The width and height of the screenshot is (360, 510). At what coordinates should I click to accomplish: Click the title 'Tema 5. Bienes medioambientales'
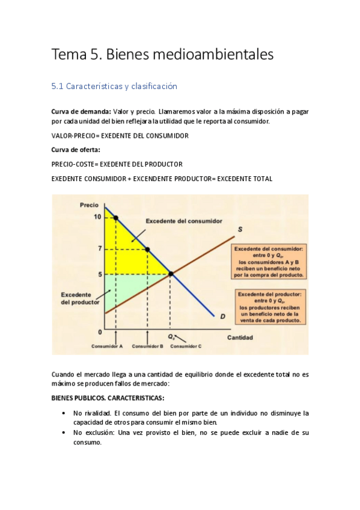point(162,55)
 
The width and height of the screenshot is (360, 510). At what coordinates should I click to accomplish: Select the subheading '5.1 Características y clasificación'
point(114,87)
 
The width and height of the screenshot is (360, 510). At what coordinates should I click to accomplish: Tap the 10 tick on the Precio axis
point(97,217)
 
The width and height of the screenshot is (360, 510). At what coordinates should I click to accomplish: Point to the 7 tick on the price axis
point(99,248)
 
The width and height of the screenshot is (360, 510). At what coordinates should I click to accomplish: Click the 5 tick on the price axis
point(99,274)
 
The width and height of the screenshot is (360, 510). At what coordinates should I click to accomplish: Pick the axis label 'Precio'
point(89,205)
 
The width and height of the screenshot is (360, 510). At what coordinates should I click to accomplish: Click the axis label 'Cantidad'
point(239,337)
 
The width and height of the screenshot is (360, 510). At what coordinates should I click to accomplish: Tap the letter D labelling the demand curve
point(222,316)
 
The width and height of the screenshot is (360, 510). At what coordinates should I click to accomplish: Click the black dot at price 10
point(116,217)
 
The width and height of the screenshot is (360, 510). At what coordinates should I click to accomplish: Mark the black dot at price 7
point(148,248)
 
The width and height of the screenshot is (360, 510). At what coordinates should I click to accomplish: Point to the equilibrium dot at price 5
point(171,274)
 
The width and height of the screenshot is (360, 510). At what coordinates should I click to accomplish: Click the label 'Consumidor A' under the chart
point(107,346)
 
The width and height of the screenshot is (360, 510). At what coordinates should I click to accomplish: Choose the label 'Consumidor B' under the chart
point(148,346)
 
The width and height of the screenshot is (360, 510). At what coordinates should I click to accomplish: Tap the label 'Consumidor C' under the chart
point(186,346)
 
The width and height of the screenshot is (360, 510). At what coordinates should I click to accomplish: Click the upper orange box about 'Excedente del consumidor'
point(269,261)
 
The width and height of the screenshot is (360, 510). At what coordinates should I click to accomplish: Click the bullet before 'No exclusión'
point(64,432)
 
